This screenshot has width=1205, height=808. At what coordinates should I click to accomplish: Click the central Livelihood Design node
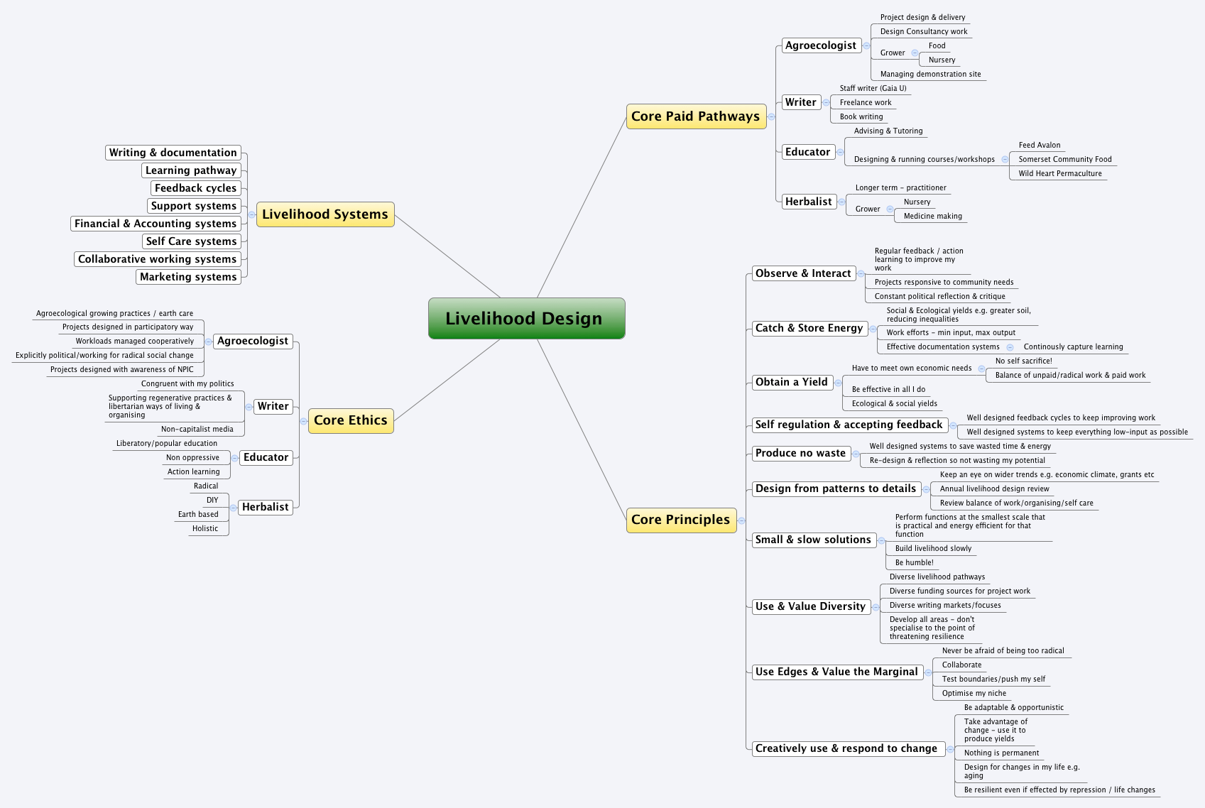pyautogui.click(x=526, y=319)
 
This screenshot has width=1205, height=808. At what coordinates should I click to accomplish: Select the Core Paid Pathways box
pyautogui.click(x=696, y=116)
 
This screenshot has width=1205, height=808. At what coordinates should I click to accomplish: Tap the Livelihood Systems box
pyautogui.click(x=325, y=214)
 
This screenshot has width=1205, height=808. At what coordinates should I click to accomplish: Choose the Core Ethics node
pyautogui.click(x=351, y=420)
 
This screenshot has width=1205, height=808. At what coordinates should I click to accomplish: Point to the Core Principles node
pyautogui.click(x=680, y=520)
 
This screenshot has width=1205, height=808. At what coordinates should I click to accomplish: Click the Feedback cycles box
pyautogui.click(x=195, y=188)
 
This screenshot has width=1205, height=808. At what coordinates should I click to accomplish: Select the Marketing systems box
pyautogui.click(x=188, y=277)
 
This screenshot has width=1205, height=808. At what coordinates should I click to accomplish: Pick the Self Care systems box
pyautogui.click(x=191, y=241)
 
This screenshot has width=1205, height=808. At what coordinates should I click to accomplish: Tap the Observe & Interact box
pyautogui.click(x=803, y=273)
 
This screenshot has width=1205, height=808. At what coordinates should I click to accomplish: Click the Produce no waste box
pyautogui.click(x=800, y=453)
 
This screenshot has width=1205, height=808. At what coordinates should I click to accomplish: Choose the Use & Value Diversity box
pyautogui.click(x=810, y=606)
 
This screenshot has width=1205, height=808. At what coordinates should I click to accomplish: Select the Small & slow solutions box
pyautogui.click(x=813, y=540)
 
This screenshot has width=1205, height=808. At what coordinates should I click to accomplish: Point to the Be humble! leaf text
pyautogui.click(x=915, y=562)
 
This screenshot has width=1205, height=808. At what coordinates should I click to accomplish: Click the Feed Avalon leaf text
pyautogui.click(x=1040, y=145)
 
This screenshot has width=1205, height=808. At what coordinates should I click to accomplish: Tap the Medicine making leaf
pyautogui.click(x=933, y=216)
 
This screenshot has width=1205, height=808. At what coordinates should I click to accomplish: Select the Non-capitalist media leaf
pyautogui.click(x=197, y=429)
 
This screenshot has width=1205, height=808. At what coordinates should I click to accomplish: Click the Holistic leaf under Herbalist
pyautogui.click(x=205, y=528)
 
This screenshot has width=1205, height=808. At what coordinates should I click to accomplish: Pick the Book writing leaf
pyautogui.click(x=861, y=116)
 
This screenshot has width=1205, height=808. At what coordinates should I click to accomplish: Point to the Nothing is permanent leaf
pyautogui.click(x=1001, y=753)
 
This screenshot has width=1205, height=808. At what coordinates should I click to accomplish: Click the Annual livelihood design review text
pyautogui.click(x=994, y=488)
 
